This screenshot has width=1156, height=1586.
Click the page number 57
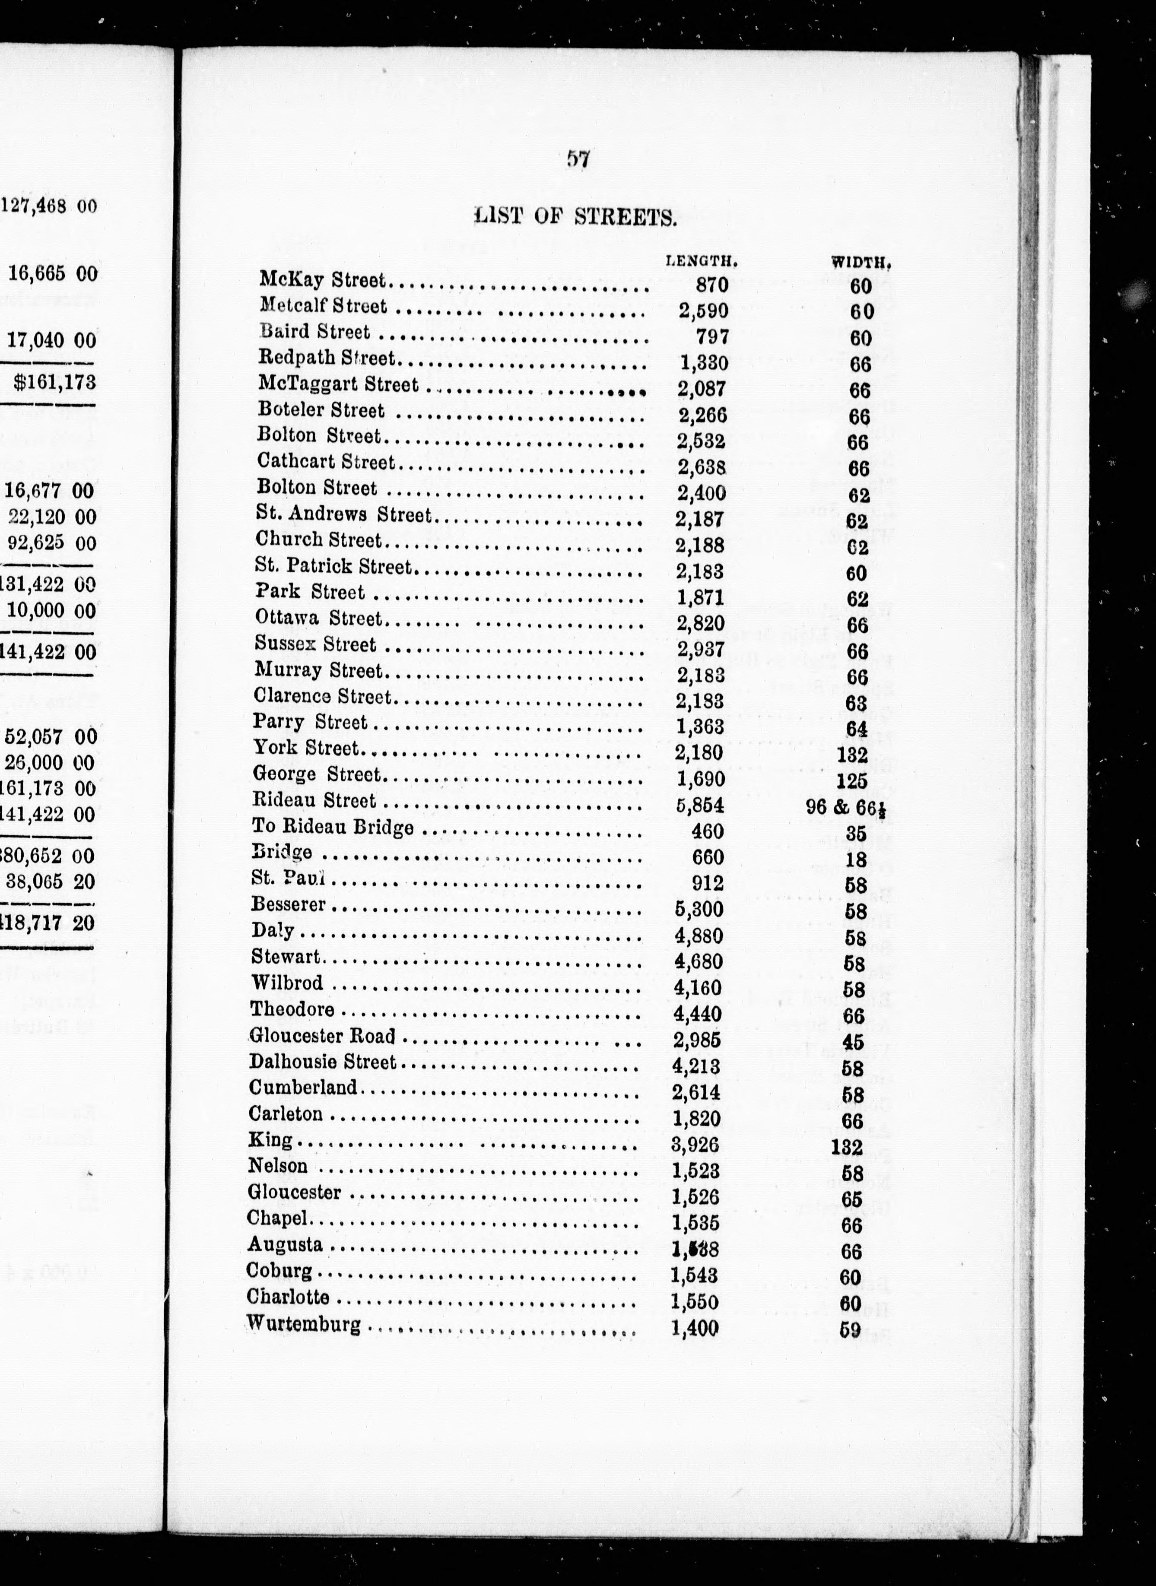pos(578,159)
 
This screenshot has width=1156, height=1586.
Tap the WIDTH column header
pos(861,263)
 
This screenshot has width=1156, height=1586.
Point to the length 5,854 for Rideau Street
pos(700,805)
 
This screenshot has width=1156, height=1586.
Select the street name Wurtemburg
pos(304,1324)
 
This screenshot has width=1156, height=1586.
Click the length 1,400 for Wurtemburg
pos(695,1327)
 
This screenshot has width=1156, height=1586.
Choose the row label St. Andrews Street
pos(343,514)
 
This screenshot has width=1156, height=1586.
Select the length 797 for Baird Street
pos(712,336)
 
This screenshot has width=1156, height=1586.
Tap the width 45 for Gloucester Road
pos(853,1042)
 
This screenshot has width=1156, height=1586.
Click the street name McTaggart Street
pos(338,384)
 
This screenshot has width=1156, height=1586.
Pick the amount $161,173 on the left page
pos(54,382)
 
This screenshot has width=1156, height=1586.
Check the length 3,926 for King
pos(696,1145)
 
